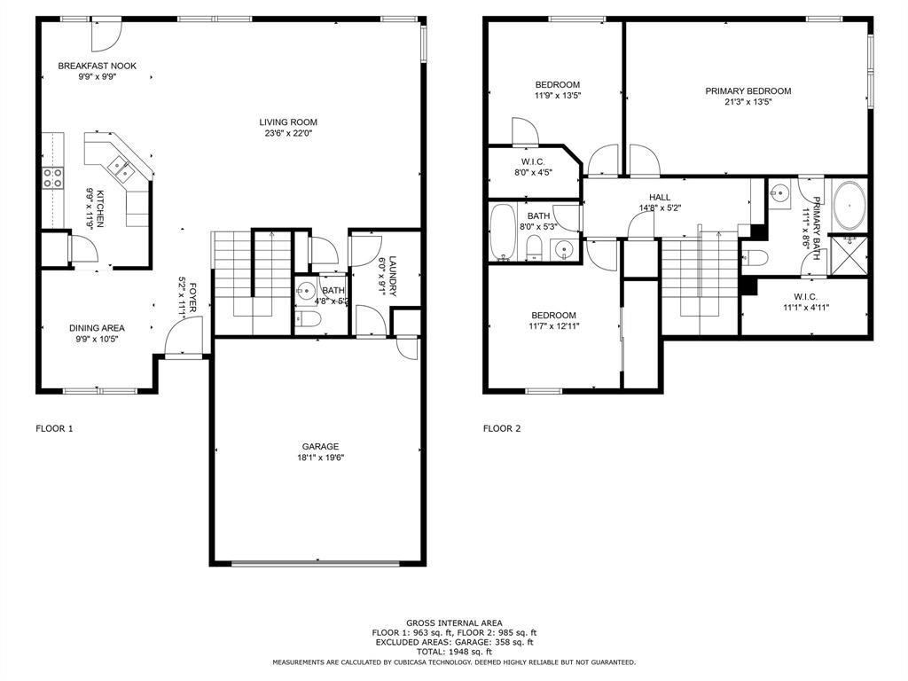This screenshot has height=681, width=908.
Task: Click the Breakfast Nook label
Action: tap(97, 66)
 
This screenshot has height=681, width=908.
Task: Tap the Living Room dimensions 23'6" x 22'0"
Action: tap(287, 134)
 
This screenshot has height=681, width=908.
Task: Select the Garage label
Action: tap(319, 446)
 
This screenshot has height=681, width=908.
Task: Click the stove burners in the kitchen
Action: tap(52, 177)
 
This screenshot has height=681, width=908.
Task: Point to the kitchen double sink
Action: tap(118, 166)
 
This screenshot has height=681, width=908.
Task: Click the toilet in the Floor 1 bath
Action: tap(306, 321)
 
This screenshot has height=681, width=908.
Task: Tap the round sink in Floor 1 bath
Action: tap(306, 289)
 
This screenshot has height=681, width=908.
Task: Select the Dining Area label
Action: tap(97, 328)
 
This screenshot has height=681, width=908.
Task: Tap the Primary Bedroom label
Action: tap(748, 90)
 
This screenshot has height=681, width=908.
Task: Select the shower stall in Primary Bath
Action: tap(849, 255)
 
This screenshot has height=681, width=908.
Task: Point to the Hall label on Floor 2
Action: tap(659, 198)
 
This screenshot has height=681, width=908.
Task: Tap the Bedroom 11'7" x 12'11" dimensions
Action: tap(553, 326)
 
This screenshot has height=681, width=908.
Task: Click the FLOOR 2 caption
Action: tap(502, 429)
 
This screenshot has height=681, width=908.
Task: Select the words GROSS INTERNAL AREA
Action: tap(454, 623)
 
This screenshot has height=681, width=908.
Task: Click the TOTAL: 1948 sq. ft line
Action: tap(454, 651)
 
